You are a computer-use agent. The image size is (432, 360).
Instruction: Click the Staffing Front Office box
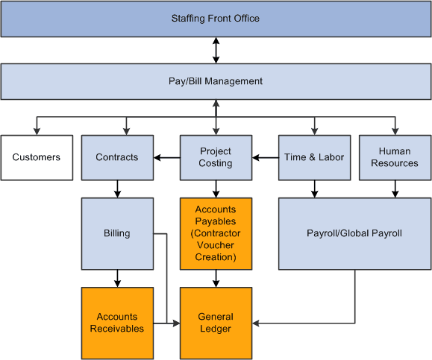pos(216,19)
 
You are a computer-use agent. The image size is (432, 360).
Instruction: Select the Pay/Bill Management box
pos(216,81)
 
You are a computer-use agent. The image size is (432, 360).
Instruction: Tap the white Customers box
pos(37,157)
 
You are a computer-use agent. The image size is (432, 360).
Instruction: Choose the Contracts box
pos(117,157)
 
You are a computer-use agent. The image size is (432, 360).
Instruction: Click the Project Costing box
pos(216,157)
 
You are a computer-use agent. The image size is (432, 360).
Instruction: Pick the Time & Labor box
pos(314,157)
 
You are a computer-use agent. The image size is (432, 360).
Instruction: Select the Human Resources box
pos(395,157)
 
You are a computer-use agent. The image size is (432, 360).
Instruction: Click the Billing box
pos(117,233)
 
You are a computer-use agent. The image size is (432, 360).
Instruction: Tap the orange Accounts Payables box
pos(216,233)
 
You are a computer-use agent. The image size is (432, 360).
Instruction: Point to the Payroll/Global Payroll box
pos(354,233)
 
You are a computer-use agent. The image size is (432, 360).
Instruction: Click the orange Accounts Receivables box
pos(117,323)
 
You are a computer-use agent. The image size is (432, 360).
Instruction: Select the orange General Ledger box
pos(216,323)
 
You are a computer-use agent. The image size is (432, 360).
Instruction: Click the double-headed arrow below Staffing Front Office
pos(216,50)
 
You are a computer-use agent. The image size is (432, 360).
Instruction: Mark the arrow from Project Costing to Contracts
pos(166,157)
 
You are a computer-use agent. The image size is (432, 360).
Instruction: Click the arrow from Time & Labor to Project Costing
pos(265,157)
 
